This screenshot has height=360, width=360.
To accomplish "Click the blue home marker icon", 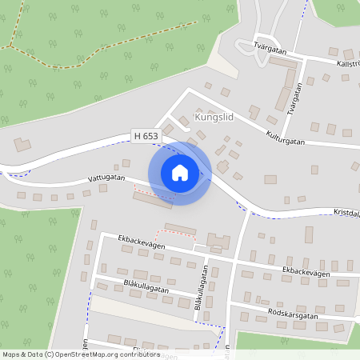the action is click(180, 173).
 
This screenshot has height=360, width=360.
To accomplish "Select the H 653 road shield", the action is click(146, 137).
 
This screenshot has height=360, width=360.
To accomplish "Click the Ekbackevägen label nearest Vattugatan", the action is click(141, 242).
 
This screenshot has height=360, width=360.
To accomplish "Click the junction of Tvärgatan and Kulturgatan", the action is click(303, 144).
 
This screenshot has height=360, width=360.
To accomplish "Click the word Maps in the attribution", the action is click(11, 354).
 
